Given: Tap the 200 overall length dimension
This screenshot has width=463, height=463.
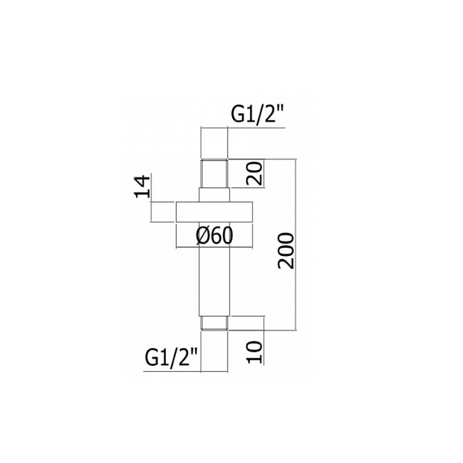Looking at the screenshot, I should [286, 249].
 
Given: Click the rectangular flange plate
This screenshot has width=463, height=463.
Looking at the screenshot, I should [214, 210].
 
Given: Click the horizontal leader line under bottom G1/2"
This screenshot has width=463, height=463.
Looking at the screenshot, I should [172, 371].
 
